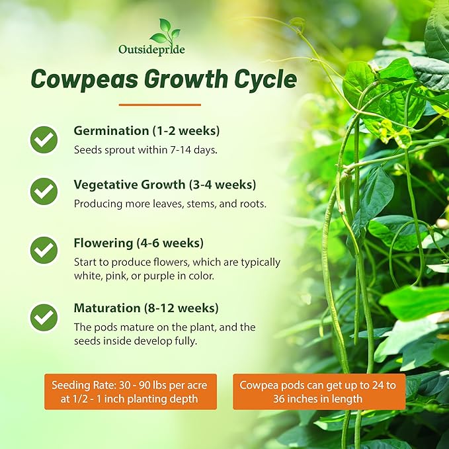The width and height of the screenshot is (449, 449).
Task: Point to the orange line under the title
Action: (x=159, y=104)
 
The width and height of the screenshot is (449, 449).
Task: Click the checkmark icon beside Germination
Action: (x=44, y=140)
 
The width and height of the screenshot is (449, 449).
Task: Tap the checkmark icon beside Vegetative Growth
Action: (x=44, y=191)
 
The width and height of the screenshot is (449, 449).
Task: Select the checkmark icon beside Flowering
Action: (x=44, y=250)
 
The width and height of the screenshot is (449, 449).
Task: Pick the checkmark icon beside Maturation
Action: (x=44, y=317)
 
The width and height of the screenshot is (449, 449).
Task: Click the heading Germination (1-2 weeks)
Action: (x=147, y=130)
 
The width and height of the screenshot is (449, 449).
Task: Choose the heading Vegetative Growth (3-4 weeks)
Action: (x=165, y=184)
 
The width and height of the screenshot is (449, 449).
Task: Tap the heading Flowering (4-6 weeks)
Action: (x=139, y=243)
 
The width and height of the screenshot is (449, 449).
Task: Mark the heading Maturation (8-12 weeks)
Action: (x=146, y=308)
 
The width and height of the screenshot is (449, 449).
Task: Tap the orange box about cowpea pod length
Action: (x=319, y=391)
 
